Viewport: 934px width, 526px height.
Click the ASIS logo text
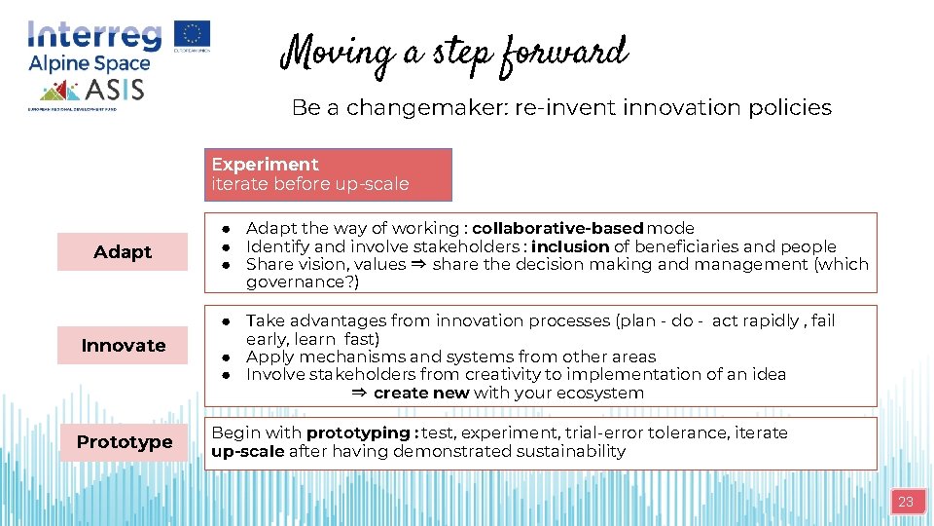115,91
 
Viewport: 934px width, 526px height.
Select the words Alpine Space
90,64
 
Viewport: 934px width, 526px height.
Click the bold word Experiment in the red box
265,164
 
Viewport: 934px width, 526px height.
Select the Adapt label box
123,251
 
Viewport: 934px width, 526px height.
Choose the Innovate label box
123,345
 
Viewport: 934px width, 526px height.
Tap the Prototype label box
124,441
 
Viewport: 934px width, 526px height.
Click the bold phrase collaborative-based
557,228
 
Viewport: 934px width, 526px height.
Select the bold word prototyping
358,432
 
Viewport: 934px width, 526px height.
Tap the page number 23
906,502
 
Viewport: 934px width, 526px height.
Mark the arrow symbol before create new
358,393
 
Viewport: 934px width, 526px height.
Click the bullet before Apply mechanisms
225,357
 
